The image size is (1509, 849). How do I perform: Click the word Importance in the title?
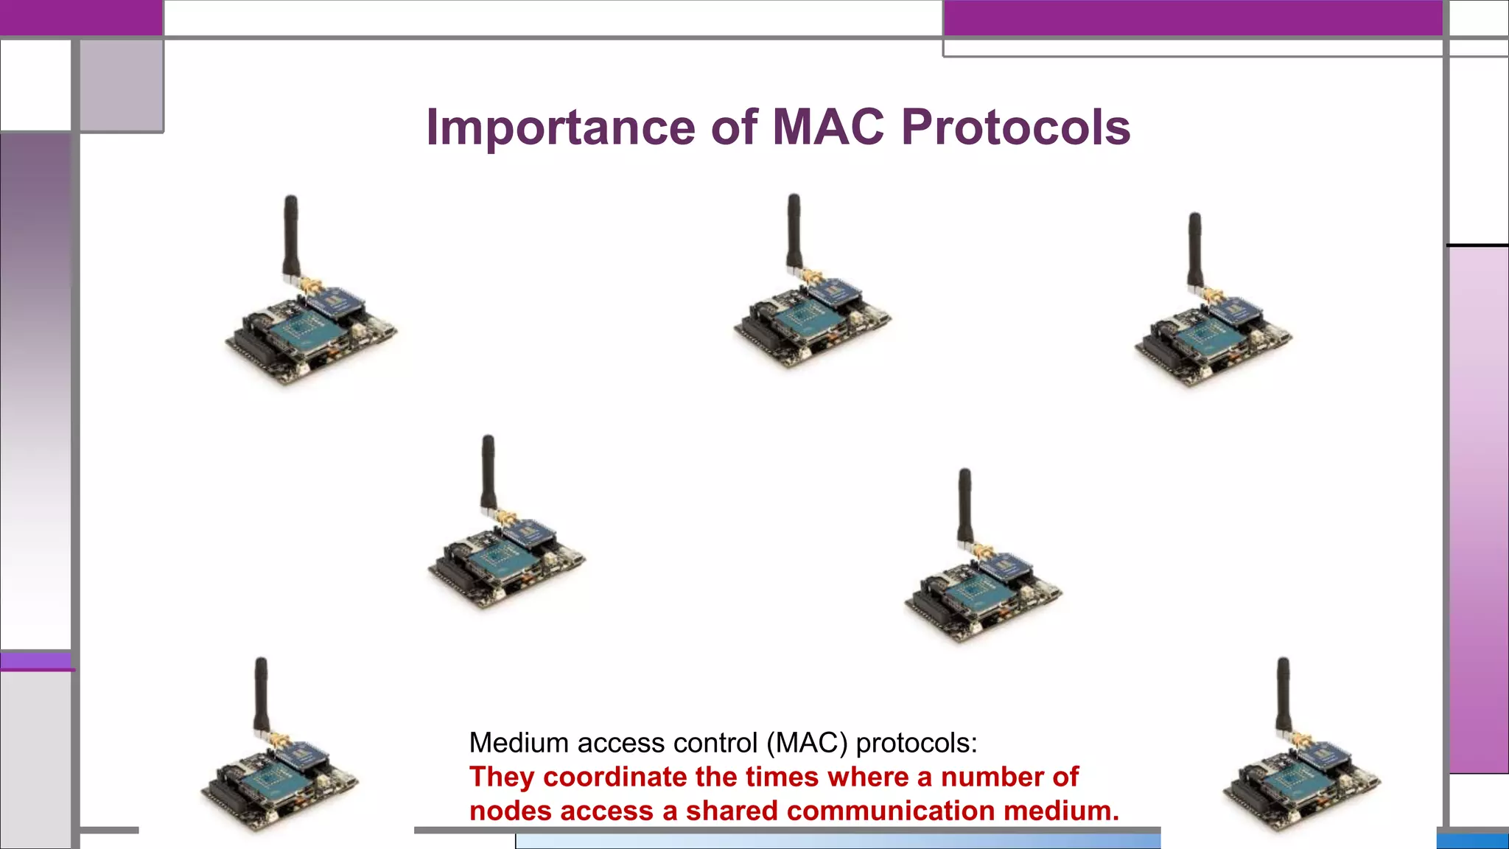click(560, 127)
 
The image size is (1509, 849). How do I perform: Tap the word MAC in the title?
click(827, 127)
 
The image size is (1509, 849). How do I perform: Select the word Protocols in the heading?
click(1015, 127)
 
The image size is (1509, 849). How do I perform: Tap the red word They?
click(501, 777)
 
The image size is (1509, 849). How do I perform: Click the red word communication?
click(891, 811)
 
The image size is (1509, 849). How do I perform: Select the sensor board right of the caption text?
click(1301, 781)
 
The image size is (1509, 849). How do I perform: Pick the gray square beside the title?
click(122, 85)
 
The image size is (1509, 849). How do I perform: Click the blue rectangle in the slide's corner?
click(1472, 841)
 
